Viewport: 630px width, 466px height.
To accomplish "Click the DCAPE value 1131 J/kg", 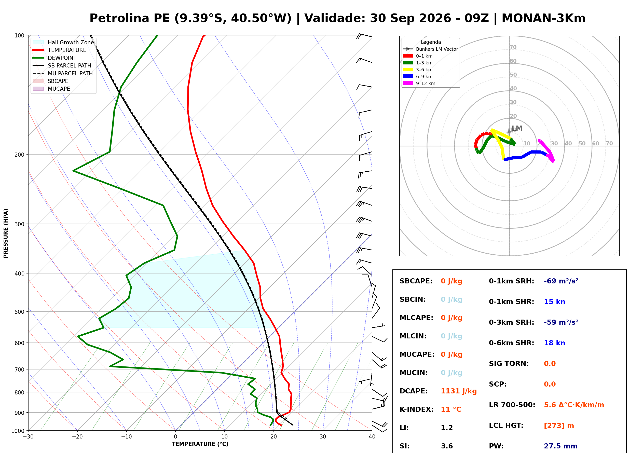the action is [459, 391].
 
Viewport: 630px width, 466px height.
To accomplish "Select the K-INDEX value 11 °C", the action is [451, 409].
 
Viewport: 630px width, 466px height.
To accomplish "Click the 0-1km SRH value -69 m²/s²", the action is [561, 281].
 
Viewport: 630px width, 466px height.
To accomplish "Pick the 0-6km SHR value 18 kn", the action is [554, 343].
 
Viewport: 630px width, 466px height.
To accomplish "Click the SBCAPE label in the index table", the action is [416, 281].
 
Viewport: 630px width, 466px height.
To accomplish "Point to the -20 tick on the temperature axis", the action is [77, 437].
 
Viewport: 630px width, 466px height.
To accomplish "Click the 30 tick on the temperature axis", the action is [323, 437].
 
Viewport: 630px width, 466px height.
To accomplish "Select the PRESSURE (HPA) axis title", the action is [6, 233].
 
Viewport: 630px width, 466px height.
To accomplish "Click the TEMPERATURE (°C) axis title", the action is [200, 444].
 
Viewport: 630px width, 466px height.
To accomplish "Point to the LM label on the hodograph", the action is [517, 128].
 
